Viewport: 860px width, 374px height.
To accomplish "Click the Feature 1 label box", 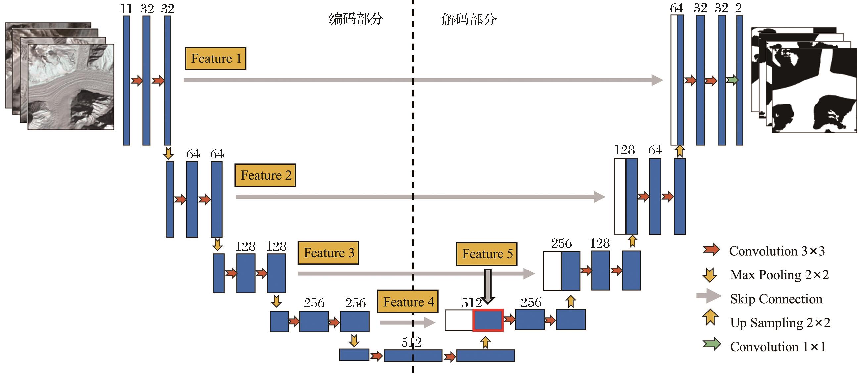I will pos(215,59).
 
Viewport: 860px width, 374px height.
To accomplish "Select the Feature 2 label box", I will pos(265,176).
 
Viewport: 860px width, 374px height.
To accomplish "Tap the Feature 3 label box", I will pos(328,253).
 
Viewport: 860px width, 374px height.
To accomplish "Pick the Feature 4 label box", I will pos(407,302).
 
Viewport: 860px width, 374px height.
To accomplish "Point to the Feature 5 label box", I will pos(487,254).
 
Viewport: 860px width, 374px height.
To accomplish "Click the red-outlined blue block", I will pos(488,320).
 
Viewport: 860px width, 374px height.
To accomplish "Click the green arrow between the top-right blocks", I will pos(732,80).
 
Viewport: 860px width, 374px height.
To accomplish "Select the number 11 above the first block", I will pos(126,9).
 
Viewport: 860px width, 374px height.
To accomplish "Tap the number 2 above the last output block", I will pos(739,8).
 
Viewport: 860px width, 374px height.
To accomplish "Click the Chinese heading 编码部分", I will pos(356,19).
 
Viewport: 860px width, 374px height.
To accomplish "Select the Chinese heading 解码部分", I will pos(469,20).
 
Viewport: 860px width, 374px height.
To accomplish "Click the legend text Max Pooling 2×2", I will pos(779,275).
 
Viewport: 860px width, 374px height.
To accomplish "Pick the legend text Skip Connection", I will pos(776,299).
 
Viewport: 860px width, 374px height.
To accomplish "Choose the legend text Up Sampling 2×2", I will pos(780,323).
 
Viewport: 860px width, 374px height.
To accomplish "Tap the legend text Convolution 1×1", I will pos(778,347).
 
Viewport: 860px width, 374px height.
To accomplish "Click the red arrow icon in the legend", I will pos(711,250).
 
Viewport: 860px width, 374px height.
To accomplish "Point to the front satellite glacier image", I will pos(71,87).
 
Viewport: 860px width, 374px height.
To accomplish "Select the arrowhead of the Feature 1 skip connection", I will pos(657,80).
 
